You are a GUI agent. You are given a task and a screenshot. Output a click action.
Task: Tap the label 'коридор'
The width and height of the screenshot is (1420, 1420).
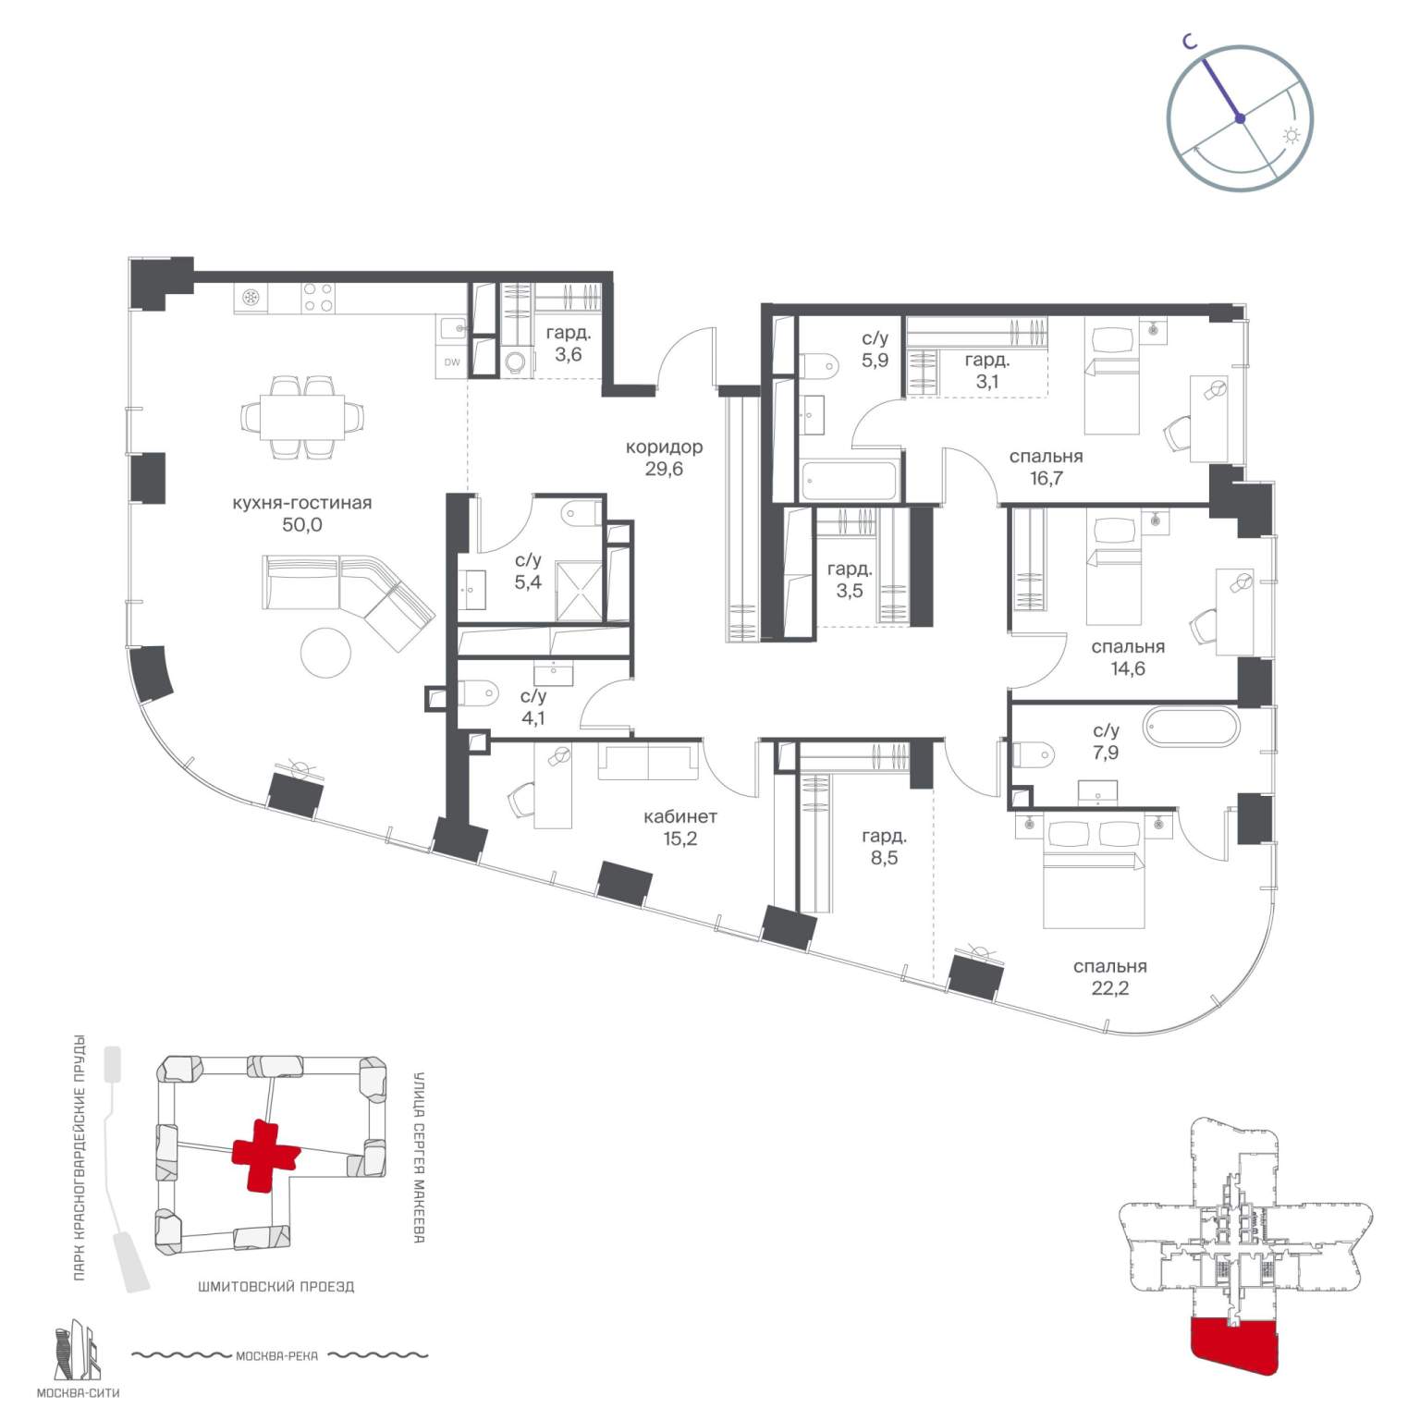664,447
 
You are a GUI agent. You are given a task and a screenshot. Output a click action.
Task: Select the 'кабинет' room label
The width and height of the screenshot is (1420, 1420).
679,817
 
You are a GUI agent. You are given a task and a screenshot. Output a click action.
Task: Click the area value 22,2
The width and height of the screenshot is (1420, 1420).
1109,988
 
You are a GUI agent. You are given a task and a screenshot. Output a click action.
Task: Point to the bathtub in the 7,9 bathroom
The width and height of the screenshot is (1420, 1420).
1190,727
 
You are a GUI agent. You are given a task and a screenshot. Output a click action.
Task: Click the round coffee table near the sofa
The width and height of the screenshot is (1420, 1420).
326,653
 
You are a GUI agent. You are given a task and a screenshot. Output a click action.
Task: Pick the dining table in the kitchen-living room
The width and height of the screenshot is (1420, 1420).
301,417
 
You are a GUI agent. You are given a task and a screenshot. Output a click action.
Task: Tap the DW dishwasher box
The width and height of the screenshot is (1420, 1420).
452,362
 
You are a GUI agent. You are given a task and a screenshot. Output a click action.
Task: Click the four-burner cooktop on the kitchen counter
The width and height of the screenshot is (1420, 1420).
319,298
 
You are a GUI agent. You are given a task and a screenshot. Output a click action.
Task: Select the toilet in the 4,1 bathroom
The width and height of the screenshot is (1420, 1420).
478,693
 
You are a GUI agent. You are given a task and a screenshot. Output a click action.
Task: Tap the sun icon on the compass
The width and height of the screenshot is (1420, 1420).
1291,136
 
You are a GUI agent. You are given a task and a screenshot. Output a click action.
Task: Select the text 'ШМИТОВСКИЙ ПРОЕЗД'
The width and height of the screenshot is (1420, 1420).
275,1286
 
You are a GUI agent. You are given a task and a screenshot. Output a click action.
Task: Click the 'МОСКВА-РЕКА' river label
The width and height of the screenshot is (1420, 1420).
276,1356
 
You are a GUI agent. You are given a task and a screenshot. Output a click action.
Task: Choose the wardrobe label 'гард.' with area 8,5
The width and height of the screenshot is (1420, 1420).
884,837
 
